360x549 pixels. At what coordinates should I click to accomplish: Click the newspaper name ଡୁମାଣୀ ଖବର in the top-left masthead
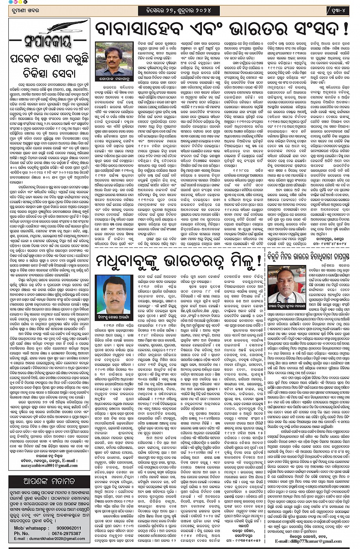click(x=26, y=10)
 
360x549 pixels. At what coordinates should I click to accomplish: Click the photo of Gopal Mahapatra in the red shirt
click(x=114, y=59)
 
